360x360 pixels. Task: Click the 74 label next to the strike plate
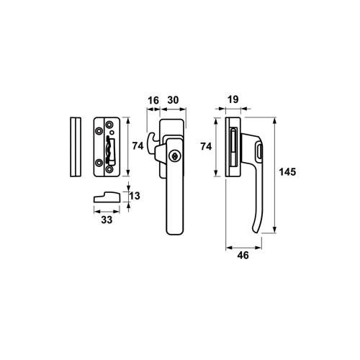tap(138, 146)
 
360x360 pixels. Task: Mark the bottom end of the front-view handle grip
tap(173, 230)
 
